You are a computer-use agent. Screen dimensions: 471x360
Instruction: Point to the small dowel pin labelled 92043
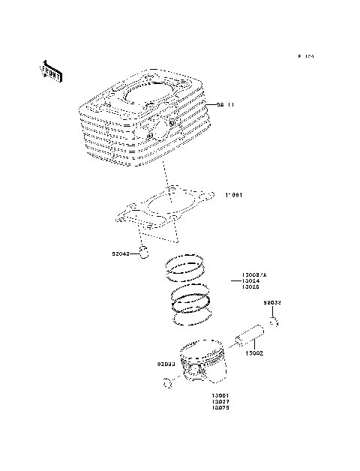pyautogui.click(x=148, y=250)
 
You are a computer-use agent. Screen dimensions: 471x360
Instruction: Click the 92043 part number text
pyautogui.click(x=120, y=254)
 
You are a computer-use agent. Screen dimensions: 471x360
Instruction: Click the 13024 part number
pyautogui.click(x=250, y=281)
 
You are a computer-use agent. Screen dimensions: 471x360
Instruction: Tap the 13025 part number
pyautogui.click(x=250, y=288)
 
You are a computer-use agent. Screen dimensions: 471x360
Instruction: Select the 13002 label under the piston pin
pyautogui.click(x=255, y=352)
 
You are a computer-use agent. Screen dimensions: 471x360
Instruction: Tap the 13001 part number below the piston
pyautogui.click(x=220, y=396)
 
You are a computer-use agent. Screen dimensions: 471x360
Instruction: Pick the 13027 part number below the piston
pyautogui.click(x=220, y=403)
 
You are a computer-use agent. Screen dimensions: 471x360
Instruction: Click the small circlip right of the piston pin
pyautogui.click(x=275, y=322)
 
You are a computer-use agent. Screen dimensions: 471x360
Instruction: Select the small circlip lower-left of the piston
pyautogui.click(x=166, y=385)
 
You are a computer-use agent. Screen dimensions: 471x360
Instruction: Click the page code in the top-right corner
pyautogui.click(x=304, y=57)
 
